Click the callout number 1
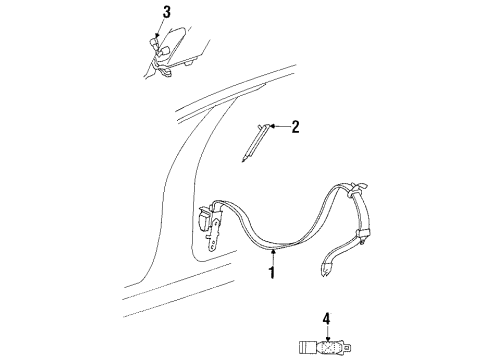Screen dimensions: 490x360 (x=271, y=271)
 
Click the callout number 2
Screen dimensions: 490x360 (x=295, y=126)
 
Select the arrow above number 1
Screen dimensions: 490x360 (x=271, y=257)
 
